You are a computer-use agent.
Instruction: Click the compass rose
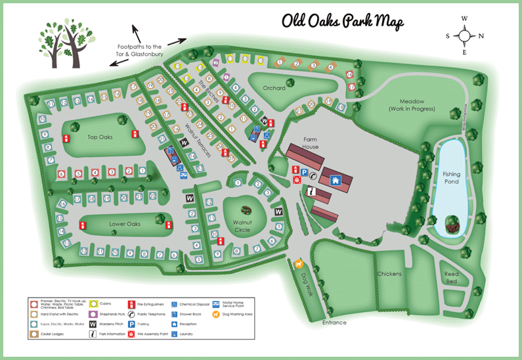point(464,35)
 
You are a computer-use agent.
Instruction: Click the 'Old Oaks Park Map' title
point(343,21)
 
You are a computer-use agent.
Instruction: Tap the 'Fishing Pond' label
point(451,178)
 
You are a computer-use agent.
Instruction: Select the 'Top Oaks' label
point(100,137)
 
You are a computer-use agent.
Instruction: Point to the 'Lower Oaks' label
point(125,224)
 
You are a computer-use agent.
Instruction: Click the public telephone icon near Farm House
point(313,176)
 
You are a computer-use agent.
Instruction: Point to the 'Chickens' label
point(389,273)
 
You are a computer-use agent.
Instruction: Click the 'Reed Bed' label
point(451,277)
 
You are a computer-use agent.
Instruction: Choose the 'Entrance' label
point(334,323)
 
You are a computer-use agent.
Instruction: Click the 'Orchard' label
point(274,88)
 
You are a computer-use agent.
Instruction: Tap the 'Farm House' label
point(310,143)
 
